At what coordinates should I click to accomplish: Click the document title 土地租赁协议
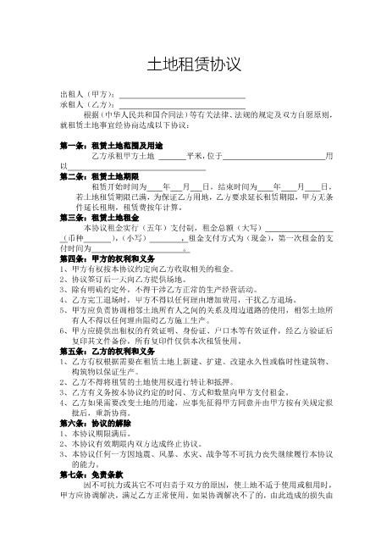196,64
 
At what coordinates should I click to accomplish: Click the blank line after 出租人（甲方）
182,96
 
